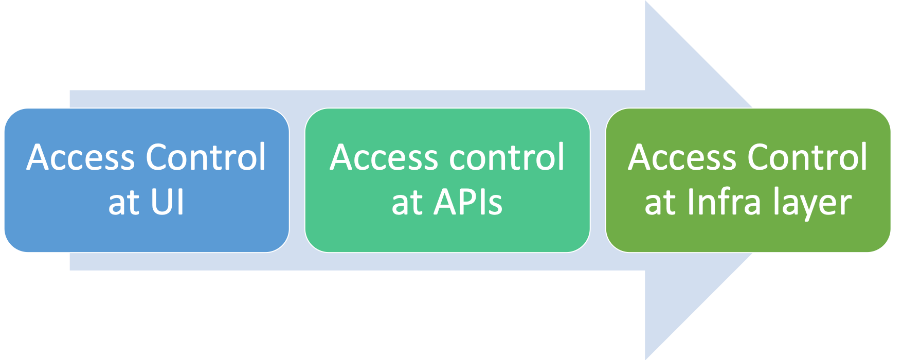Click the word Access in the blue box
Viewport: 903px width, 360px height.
(81, 157)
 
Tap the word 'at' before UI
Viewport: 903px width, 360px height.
(124, 203)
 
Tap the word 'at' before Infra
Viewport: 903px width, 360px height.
(660, 203)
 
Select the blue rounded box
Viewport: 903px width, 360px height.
(147, 231)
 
